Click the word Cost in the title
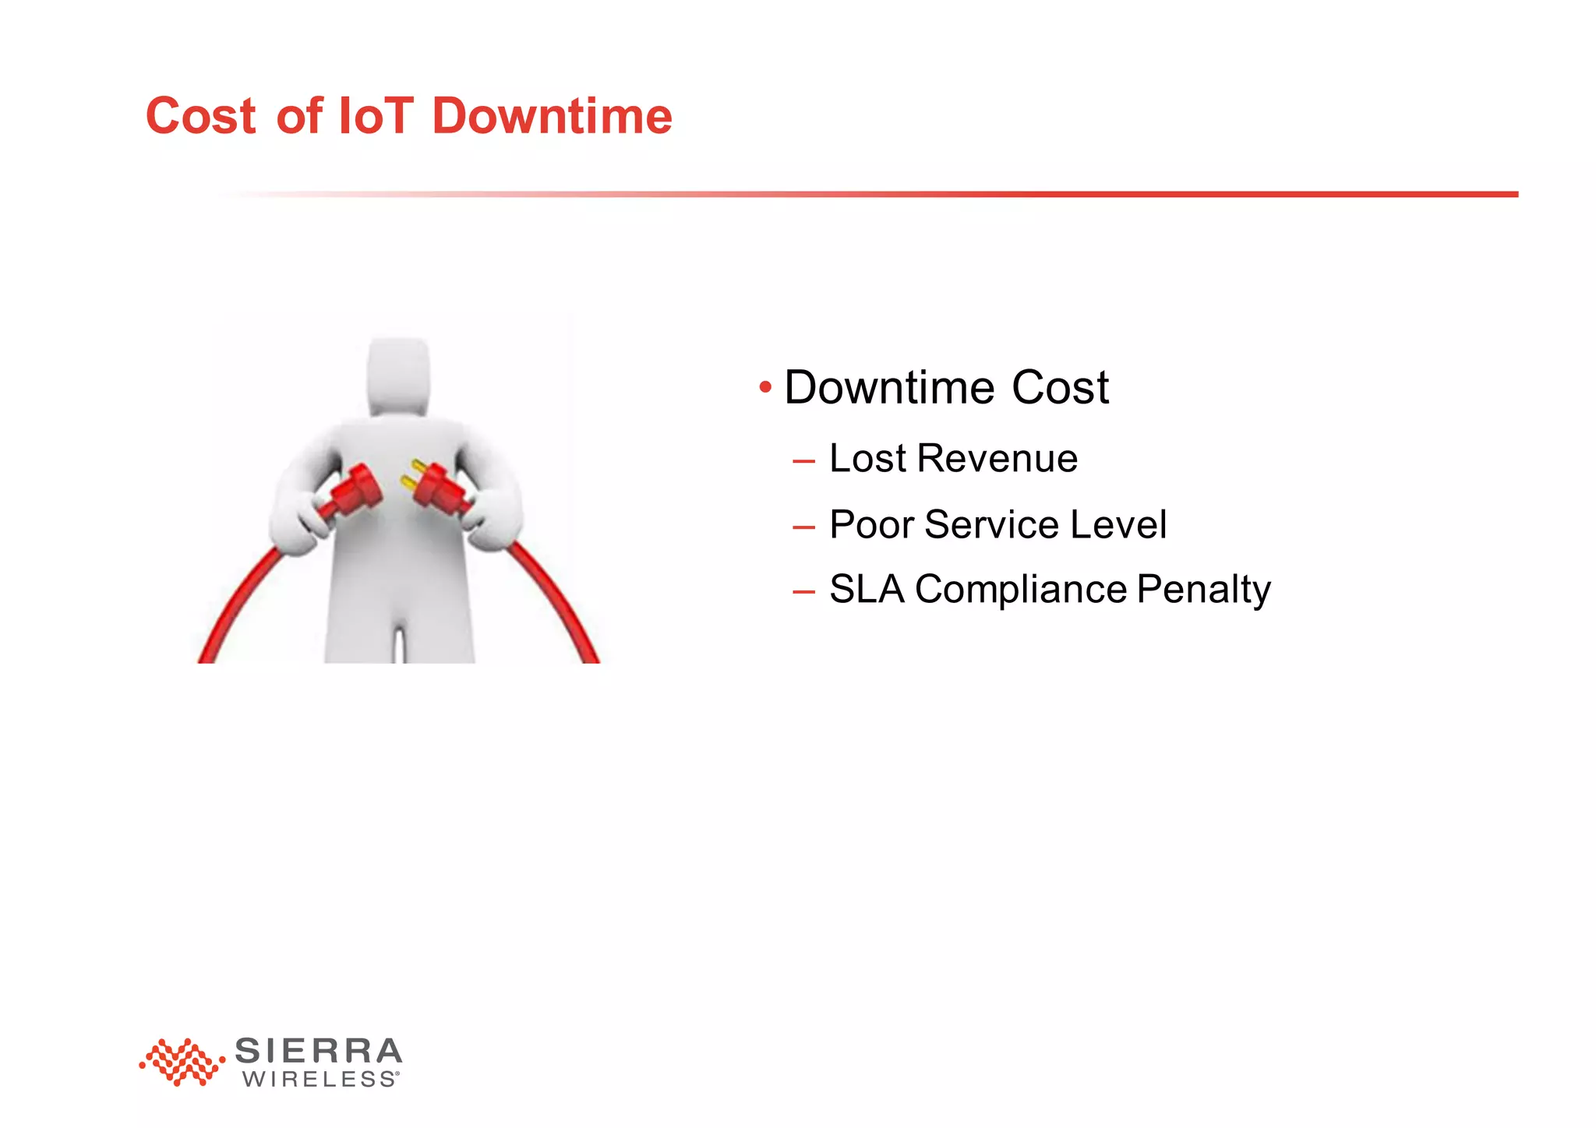[x=200, y=117]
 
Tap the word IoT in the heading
[x=376, y=117]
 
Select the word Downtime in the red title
[x=552, y=117]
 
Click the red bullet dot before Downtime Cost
[x=765, y=387]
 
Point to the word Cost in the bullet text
[x=1060, y=387]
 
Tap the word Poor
[x=871, y=524]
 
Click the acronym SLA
[x=867, y=589]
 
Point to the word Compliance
[x=1021, y=589]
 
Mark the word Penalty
[x=1203, y=589]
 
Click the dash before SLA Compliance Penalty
[x=803, y=591]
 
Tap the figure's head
[x=398, y=376]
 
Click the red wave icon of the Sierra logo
[x=181, y=1062]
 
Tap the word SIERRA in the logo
[x=318, y=1051]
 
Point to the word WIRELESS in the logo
[x=320, y=1080]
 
